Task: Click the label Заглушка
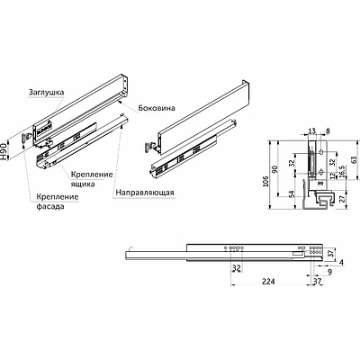tap(47, 92)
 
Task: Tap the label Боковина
tap(157, 108)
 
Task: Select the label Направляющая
tap(145, 192)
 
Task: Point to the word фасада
tap(50, 207)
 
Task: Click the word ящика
tap(83, 184)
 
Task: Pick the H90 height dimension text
tap(4, 151)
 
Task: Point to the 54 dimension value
tap(292, 194)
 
